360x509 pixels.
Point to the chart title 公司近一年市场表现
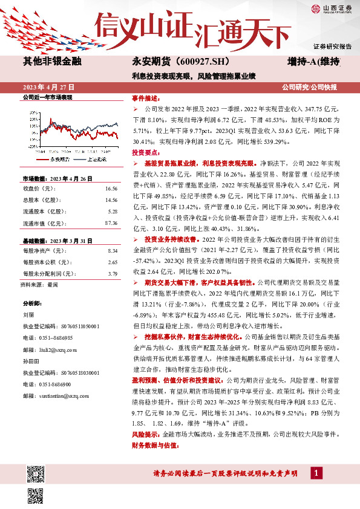pyautogui.click(x=47, y=97)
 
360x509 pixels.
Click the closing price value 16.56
pyautogui.click(x=111, y=188)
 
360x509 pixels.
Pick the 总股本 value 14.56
pyautogui.click(x=111, y=199)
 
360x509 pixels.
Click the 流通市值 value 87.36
pyautogui.click(x=111, y=223)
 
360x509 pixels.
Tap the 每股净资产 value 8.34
pyautogui.click(x=112, y=250)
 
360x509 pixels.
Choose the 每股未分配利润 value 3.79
pyautogui.click(x=112, y=273)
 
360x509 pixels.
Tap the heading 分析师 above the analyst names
pyautogui.click(x=31, y=302)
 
